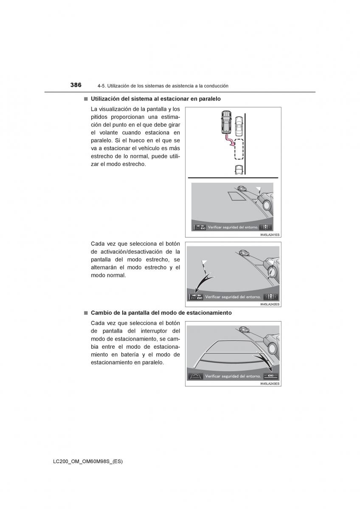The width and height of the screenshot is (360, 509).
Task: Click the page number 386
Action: (76, 85)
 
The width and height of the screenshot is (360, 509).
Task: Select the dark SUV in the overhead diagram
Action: (226, 123)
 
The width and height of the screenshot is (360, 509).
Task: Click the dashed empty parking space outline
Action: (239, 149)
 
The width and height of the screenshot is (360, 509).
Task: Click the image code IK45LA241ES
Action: (270, 235)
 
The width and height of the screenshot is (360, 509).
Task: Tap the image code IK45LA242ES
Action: (270, 305)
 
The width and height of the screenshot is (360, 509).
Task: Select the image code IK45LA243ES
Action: (270, 383)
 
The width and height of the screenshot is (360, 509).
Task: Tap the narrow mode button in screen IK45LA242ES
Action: (197, 297)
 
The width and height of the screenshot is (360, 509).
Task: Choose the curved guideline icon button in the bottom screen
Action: (196, 376)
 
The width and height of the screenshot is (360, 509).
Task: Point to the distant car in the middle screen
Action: (244, 253)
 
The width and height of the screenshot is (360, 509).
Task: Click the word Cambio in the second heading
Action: (100, 313)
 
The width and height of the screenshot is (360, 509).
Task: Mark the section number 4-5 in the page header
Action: (101, 86)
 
